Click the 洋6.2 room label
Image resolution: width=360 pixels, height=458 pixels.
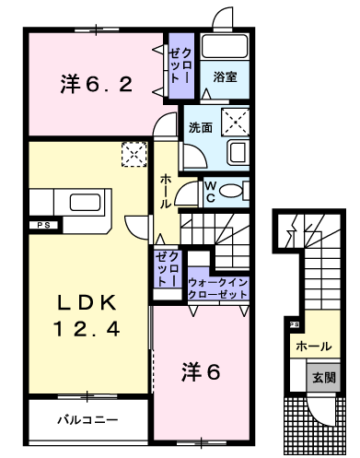[97, 84]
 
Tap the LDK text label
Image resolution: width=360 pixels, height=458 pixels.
[87, 303]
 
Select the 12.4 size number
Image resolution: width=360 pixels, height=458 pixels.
[87, 328]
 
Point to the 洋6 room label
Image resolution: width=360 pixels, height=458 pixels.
[201, 371]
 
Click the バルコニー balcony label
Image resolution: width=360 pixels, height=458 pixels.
[87, 419]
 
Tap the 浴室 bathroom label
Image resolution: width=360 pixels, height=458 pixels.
[225, 76]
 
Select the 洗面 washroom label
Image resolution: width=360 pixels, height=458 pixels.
[201, 127]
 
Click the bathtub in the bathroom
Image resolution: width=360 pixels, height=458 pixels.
[225, 46]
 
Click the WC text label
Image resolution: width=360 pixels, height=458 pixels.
[210, 193]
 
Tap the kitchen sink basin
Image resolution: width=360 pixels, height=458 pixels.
[85, 203]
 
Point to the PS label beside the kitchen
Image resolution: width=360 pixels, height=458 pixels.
[44, 225]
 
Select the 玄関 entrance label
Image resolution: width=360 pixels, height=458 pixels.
[324, 378]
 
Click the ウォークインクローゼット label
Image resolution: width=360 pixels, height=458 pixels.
[217, 288]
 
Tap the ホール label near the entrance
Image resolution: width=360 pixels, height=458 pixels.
[314, 346]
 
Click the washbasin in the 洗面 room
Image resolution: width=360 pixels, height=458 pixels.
[238, 153]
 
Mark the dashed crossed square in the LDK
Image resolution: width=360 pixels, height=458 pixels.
[134, 154]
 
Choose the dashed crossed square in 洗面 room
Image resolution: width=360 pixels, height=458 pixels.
[235, 122]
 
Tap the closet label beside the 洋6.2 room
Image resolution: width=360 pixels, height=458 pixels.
[180, 65]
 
